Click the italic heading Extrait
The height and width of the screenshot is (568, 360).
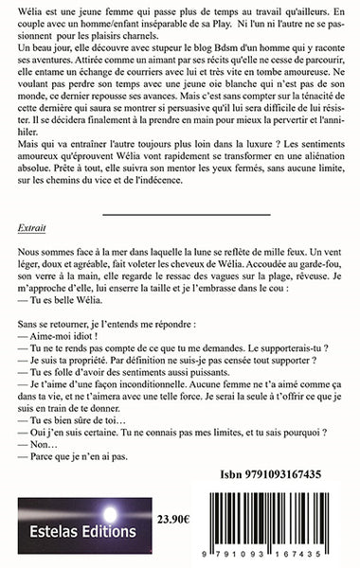point(30,229)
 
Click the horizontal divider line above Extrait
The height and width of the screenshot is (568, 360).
point(179,213)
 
